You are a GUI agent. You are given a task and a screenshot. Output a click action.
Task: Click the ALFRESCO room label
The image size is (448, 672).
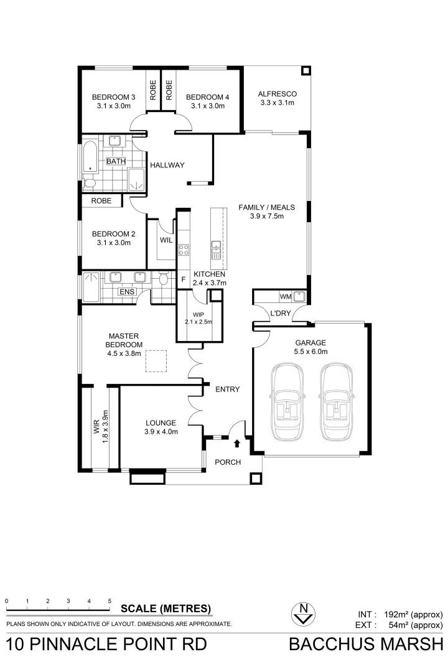(x=278, y=94)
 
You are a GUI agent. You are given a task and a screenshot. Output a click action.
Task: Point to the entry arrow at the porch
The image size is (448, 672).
(x=236, y=444)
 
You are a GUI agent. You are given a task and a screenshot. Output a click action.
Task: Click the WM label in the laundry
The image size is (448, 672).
(x=286, y=296)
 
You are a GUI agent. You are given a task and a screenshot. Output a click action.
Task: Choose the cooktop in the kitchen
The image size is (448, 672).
(x=184, y=250)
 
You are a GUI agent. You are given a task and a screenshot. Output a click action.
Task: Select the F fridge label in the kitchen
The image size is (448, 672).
(x=183, y=279)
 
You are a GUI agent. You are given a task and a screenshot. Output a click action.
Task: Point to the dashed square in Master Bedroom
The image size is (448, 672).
(x=156, y=361)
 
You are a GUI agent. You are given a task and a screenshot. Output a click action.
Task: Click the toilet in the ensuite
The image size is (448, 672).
(x=164, y=279)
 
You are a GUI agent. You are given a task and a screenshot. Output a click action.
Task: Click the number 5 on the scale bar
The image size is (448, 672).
(x=110, y=601)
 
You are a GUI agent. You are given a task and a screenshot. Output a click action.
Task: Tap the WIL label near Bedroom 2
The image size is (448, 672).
(x=166, y=240)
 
